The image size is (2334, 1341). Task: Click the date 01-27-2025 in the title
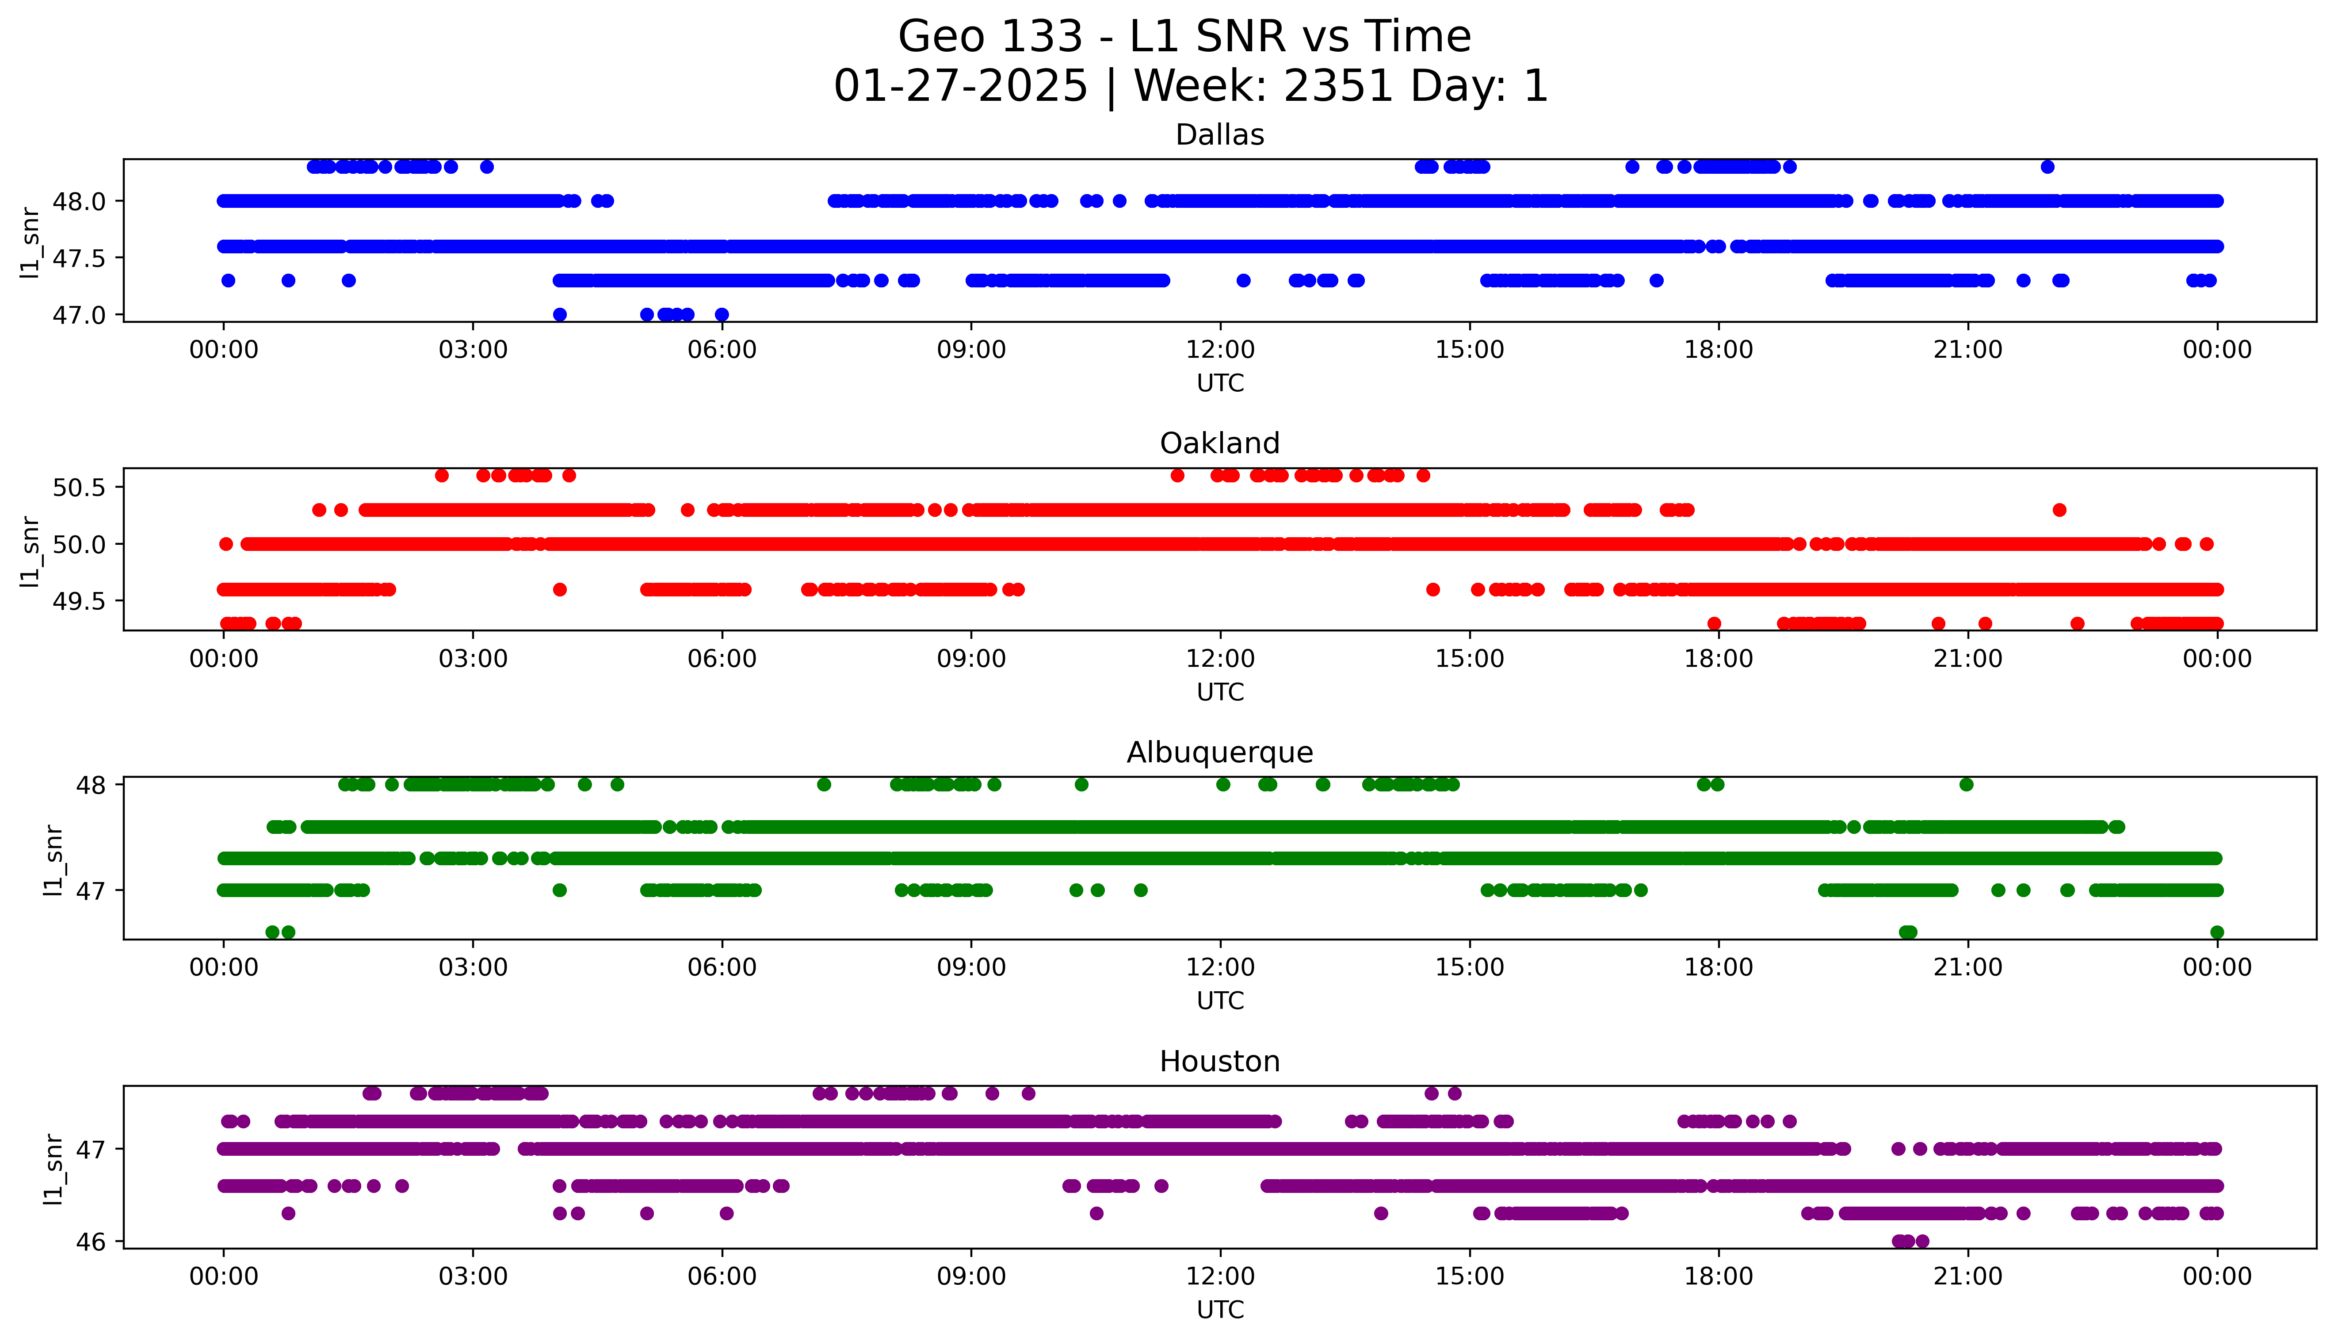[x=960, y=87]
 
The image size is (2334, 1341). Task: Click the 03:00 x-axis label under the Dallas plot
[x=473, y=350]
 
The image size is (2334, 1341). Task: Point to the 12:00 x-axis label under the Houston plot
[x=1220, y=1276]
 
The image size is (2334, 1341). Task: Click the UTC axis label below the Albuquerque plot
[x=1220, y=1000]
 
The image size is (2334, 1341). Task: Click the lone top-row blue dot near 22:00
[x=2047, y=167]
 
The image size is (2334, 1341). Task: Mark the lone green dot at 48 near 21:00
[x=1966, y=785]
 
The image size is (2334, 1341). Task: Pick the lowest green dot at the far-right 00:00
[x=2216, y=932]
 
